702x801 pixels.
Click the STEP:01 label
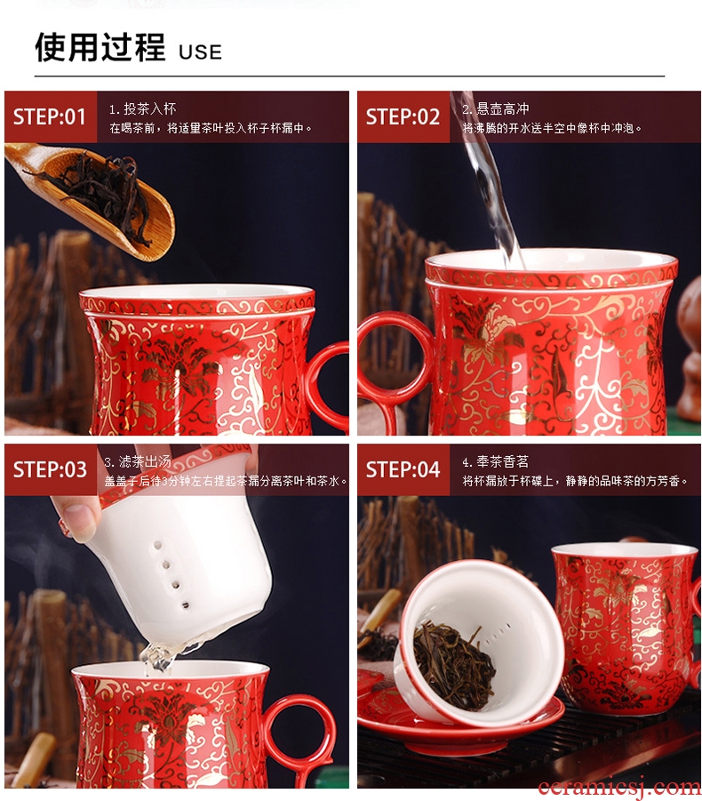[x=50, y=117]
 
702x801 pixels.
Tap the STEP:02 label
[x=403, y=117]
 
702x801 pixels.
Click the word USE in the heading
[x=200, y=52]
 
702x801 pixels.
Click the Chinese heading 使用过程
[x=100, y=47]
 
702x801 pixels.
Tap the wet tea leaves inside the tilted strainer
[x=451, y=663]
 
